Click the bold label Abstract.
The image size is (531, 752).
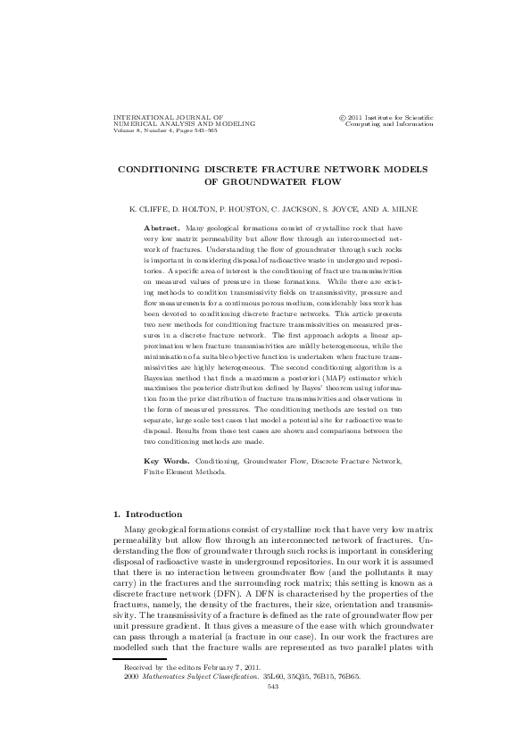(162, 229)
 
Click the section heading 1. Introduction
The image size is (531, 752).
(148, 514)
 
